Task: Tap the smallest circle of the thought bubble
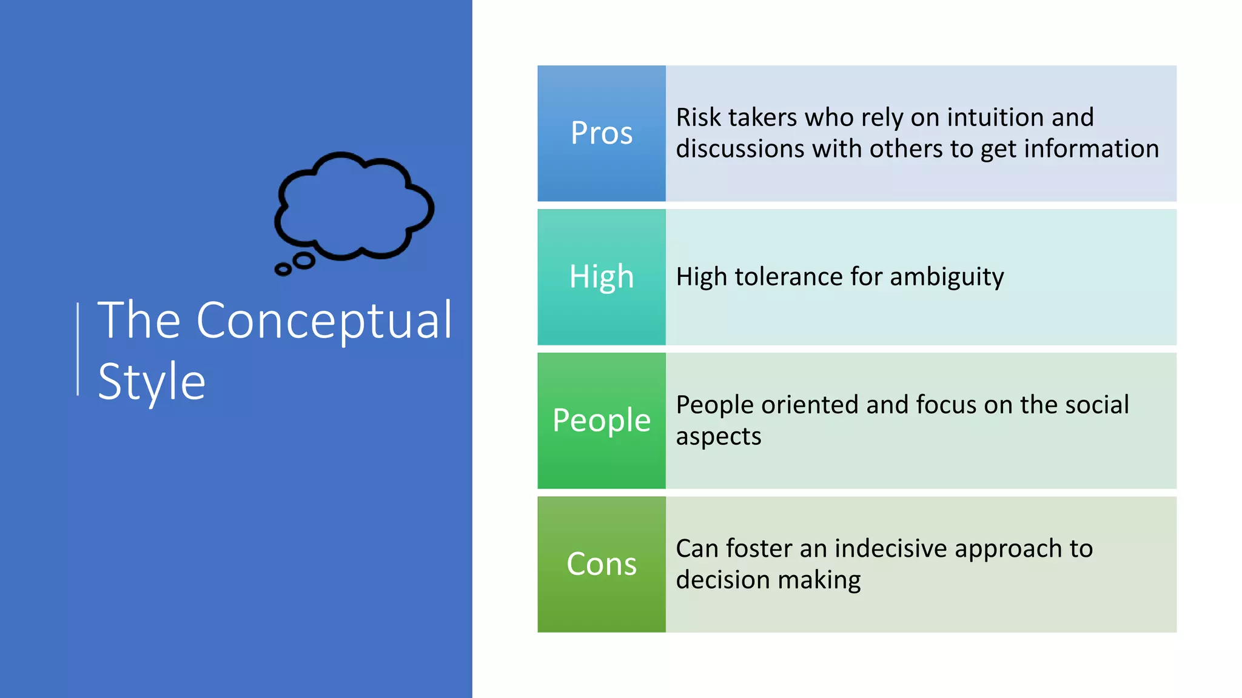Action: click(x=283, y=269)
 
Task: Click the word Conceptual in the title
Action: click(x=324, y=321)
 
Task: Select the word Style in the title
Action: click(x=152, y=382)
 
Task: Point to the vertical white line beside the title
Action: click(x=78, y=349)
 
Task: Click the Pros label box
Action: click(x=602, y=133)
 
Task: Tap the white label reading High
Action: click(x=602, y=277)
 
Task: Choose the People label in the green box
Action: click(x=602, y=420)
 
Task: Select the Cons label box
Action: click(x=602, y=564)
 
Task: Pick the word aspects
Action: click(x=719, y=437)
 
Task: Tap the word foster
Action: click(x=759, y=548)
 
